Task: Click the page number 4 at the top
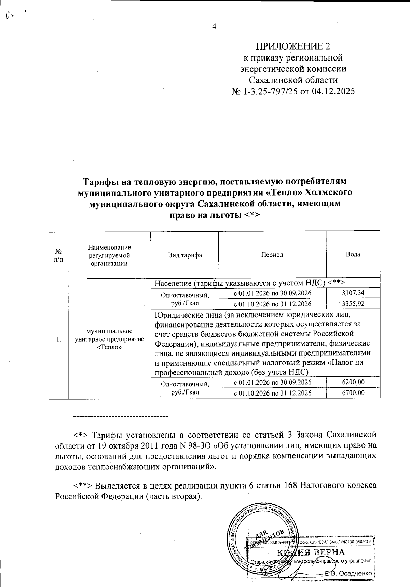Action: click(214, 27)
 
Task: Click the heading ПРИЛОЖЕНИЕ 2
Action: click(293, 46)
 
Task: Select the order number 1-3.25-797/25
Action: click(270, 92)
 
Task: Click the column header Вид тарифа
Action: click(184, 255)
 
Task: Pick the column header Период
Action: click(272, 255)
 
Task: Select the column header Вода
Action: click(353, 254)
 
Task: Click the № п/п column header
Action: click(58, 255)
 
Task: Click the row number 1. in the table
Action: click(59, 339)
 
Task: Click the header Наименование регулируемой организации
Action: click(109, 255)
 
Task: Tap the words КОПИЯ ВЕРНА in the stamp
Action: click(310, 552)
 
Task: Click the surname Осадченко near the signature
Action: click(356, 573)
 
